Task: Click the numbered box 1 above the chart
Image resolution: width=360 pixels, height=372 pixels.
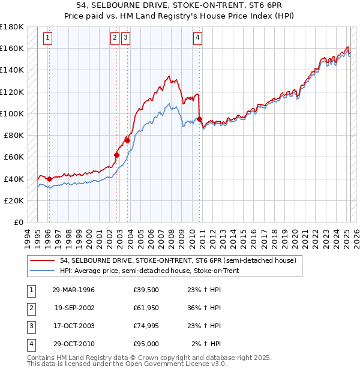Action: [x=47, y=38]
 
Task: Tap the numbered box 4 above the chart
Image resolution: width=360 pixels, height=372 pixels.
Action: [x=197, y=38]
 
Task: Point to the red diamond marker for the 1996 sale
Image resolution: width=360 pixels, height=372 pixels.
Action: [x=49, y=179]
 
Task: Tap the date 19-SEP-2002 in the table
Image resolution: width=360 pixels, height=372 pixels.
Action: [x=73, y=308]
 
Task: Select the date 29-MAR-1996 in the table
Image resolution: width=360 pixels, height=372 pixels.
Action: [x=73, y=290]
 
